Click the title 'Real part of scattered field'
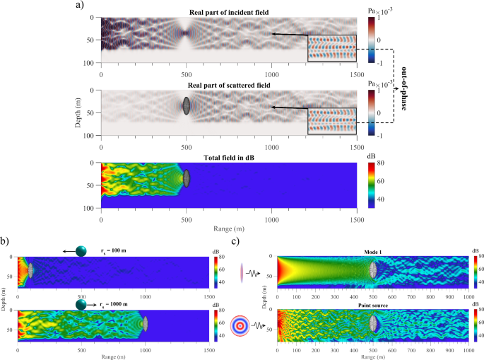coord(228,85)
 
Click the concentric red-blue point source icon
coord(243,327)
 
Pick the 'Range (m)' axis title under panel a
coord(228,229)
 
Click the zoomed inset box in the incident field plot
coord(332,49)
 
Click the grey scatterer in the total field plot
coord(187,178)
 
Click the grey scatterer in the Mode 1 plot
coord(373,271)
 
